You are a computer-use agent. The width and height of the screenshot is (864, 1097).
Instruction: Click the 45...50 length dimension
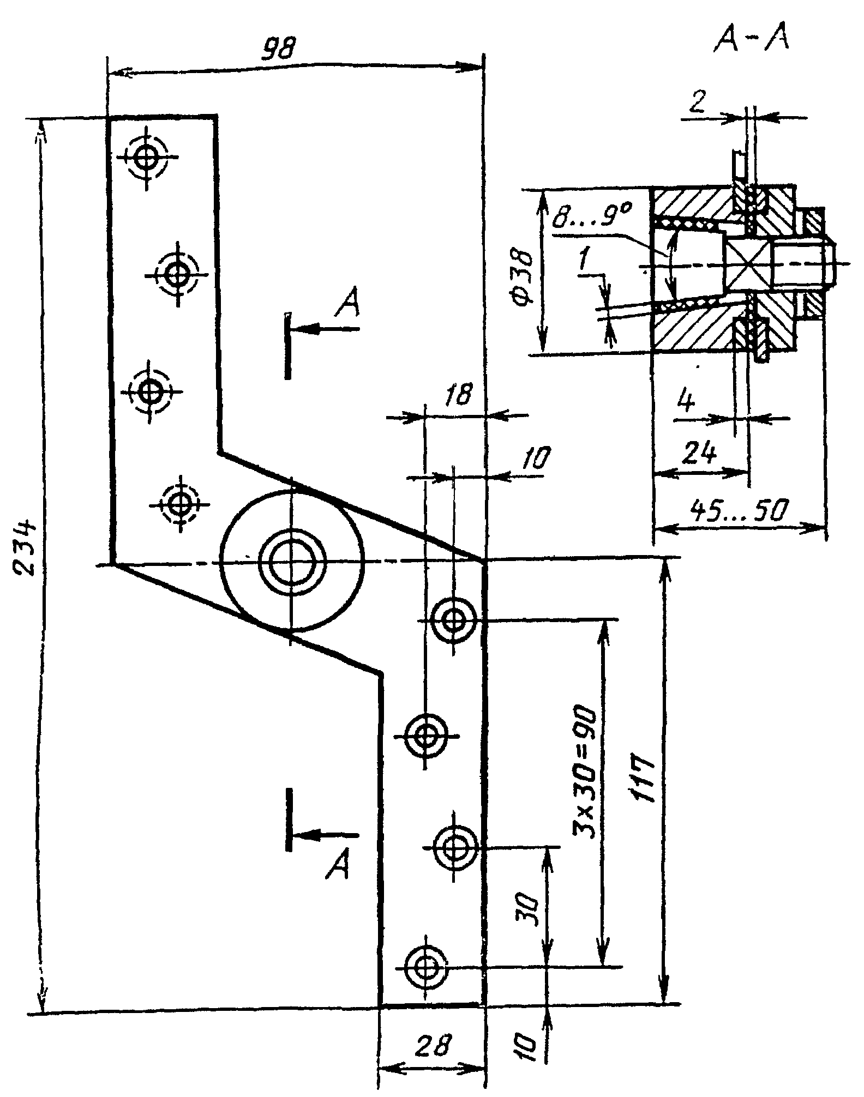(740, 510)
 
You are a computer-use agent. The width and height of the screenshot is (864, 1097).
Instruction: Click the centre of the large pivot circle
(292, 562)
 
